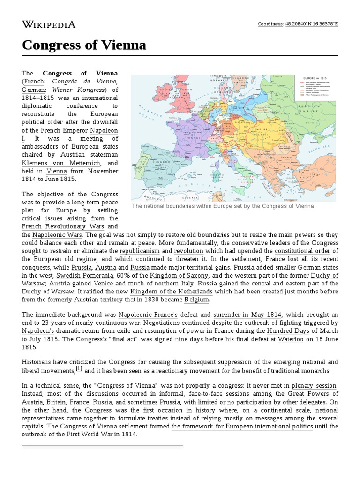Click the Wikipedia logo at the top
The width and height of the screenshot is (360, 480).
point(49,24)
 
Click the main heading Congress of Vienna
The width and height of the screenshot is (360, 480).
point(84,45)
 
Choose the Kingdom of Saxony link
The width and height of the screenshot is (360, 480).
point(179,275)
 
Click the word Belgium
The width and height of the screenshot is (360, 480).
point(198,300)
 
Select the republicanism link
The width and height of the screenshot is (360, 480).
point(140,251)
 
